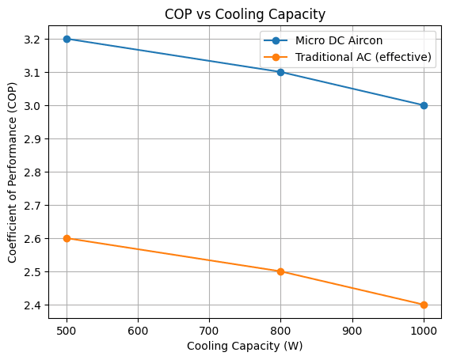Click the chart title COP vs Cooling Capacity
[x=245, y=13]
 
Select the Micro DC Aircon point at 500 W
[x=67, y=39]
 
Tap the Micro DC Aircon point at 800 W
[x=280, y=72]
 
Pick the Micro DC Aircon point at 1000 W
[x=424, y=105]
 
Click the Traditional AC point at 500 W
[x=67, y=238]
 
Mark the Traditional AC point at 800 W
[x=280, y=271]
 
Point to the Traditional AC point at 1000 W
[x=424, y=305]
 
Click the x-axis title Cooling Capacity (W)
[x=245, y=346]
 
